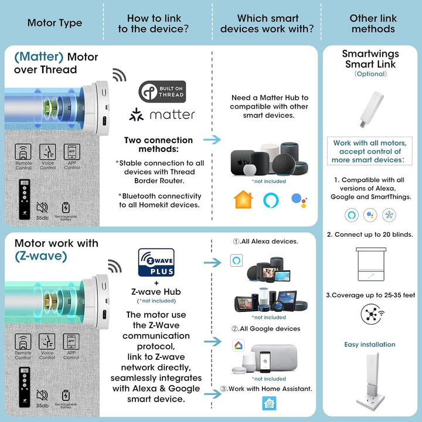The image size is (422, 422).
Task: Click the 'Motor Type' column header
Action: [x=55, y=23]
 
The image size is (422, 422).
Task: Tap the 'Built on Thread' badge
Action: [x=162, y=91]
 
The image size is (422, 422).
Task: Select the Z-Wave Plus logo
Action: [x=156, y=262]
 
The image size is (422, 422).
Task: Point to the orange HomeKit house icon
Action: [x=243, y=200]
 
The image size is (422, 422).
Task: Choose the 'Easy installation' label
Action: [x=370, y=345]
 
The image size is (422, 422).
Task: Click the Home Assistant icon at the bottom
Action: [x=268, y=403]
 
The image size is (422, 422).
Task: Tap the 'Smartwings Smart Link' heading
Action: [x=370, y=59]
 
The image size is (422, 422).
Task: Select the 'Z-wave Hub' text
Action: [x=155, y=292]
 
